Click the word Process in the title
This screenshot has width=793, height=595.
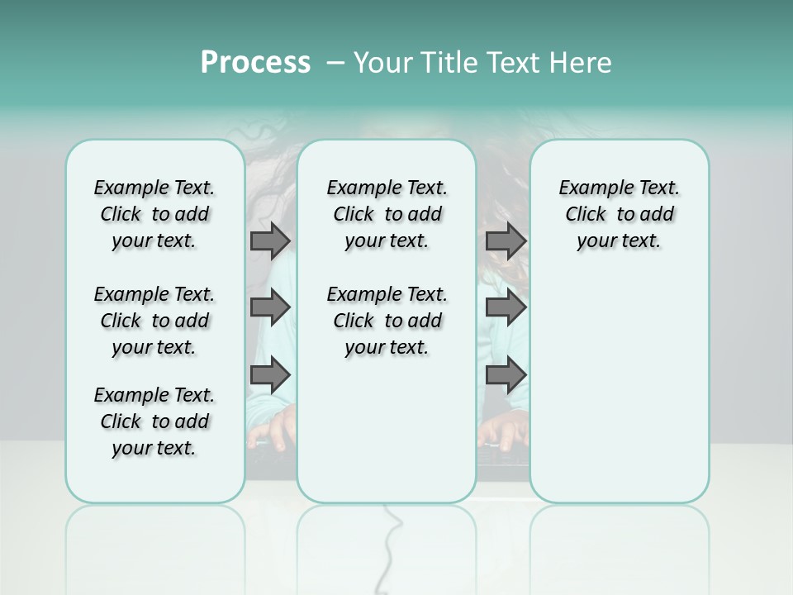[255, 63]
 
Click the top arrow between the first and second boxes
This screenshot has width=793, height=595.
[270, 240]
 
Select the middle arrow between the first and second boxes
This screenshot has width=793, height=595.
[270, 307]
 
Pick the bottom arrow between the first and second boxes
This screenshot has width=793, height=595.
[270, 374]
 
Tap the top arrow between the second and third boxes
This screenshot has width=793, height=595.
[506, 240]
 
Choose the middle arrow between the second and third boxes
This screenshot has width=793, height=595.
[506, 307]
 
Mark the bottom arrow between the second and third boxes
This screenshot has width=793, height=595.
[506, 374]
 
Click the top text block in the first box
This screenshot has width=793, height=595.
[154, 214]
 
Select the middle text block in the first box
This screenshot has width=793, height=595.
[154, 321]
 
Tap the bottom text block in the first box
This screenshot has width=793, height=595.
[154, 421]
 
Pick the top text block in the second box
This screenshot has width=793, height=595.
[387, 214]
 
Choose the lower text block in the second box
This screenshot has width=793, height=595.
[387, 321]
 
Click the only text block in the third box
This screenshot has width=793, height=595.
[619, 214]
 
